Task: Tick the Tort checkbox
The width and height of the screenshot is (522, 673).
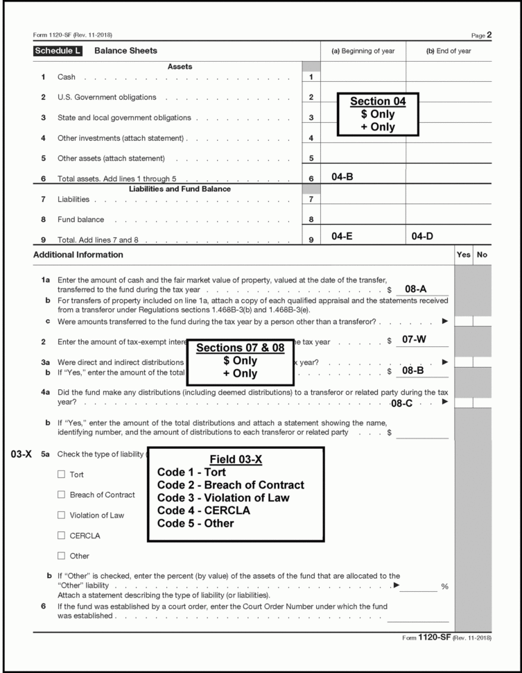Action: [x=61, y=475]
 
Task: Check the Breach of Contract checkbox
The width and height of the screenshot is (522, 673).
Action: [x=61, y=495]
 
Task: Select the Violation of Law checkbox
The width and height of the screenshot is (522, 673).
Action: [x=61, y=516]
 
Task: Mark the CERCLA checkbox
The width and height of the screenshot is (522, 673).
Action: [x=61, y=536]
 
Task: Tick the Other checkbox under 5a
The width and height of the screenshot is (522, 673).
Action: [x=61, y=556]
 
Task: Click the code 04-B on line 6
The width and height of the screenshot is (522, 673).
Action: [x=342, y=178]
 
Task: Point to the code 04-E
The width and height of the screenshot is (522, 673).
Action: [x=342, y=237]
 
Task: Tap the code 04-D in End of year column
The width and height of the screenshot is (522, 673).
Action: [x=423, y=237]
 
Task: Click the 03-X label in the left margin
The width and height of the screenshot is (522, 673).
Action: [x=21, y=455]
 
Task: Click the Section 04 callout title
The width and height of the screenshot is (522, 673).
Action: [x=378, y=101]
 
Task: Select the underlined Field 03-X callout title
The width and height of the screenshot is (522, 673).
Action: [x=236, y=459]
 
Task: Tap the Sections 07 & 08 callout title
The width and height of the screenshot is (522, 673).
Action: [x=241, y=348]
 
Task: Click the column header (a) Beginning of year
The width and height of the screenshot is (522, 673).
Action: [x=363, y=51]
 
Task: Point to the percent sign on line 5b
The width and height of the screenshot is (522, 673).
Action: [x=444, y=587]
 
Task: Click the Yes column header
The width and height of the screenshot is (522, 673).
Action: [x=464, y=255]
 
